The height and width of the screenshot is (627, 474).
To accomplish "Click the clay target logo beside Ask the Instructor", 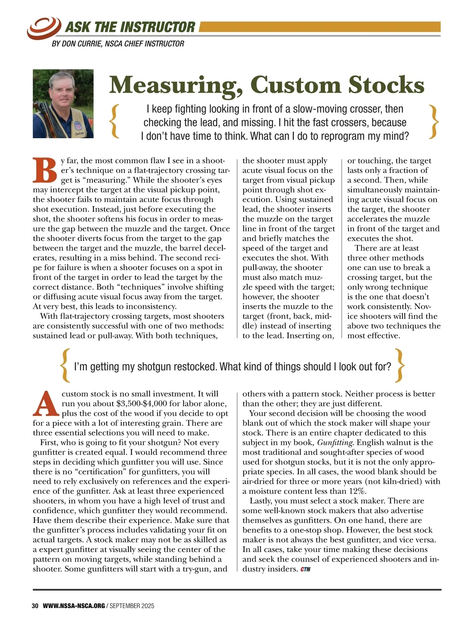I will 44,26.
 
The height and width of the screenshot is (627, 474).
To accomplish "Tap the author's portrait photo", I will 63,104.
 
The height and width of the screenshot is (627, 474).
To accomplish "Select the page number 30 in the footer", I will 35,606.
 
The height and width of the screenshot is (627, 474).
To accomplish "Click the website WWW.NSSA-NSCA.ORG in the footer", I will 73,606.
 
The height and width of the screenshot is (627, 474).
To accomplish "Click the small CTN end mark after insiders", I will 305,569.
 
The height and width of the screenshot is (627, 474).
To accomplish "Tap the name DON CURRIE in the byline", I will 82,43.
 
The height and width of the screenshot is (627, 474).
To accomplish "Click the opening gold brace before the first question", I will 115,121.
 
